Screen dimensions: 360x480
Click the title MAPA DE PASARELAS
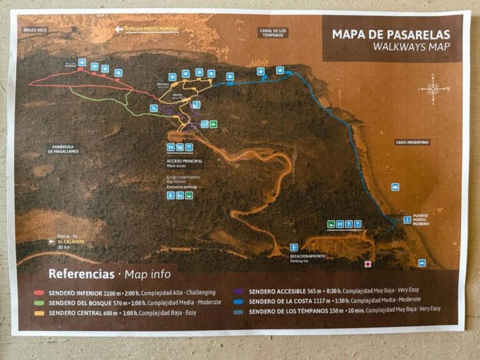pyautogui.click(x=391, y=34)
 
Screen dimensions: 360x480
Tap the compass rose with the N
pyautogui.click(x=432, y=88)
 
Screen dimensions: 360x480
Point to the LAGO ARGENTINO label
pyautogui.click(x=412, y=142)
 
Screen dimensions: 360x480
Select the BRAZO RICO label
pyautogui.click(x=34, y=29)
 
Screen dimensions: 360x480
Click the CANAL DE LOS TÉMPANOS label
pyautogui.click(x=273, y=32)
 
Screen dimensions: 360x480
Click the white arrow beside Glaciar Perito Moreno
pyautogui.click(x=119, y=29)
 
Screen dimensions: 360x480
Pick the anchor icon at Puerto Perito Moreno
pyautogui.click(x=407, y=219)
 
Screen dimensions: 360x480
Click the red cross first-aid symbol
pyautogui.click(x=368, y=264)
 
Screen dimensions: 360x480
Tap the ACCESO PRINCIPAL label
pyautogui.click(x=184, y=161)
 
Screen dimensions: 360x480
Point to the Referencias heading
pyautogui.click(x=81, y=273)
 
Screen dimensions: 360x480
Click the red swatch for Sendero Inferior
pyautogui.click(x=39, y=292)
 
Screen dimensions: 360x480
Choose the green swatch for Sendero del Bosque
pyautogui.click(x=39, y=302)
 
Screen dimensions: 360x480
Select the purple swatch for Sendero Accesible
pyautogui.click(x=239, y=291)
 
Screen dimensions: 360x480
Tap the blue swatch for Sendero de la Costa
pyautogui.click(x=239, y=301)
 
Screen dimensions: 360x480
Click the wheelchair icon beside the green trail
pyautogui.click(x=153, y=108)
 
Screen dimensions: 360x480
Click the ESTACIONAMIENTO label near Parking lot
pyautogui.click(x=307, y=256)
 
